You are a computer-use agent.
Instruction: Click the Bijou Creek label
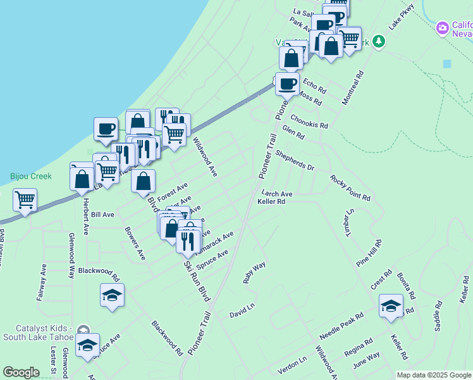tap(31, 176)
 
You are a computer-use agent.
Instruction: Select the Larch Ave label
tap(276, 194)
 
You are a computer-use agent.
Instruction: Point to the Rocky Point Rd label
tap(350, 188)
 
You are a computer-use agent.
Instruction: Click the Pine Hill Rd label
tap(369, 252)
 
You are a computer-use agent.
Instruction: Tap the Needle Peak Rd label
tap(341, 325)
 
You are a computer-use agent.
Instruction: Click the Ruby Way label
tap(254, 272)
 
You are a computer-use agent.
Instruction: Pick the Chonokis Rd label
tap(309, 122)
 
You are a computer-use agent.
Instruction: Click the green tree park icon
tap(379, 41)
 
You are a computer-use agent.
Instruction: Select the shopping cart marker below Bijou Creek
tap(25, 200)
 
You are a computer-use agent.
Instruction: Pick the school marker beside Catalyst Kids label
tap(87, 344)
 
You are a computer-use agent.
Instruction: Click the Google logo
tap(21, 372)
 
